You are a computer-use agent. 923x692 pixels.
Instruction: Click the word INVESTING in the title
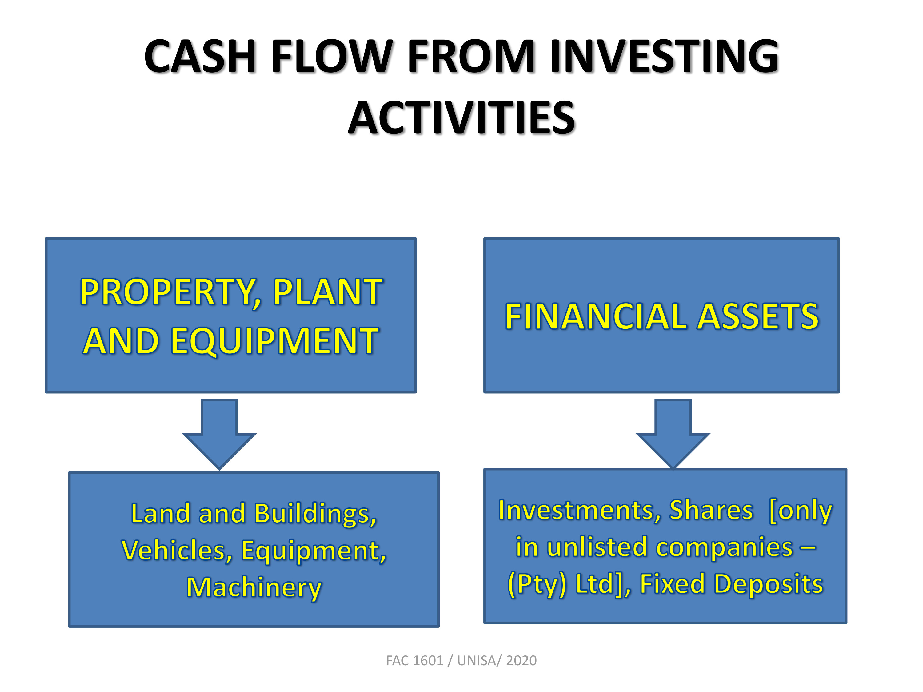[x=664, y=56]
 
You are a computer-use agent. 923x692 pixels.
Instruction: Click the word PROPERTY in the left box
[x=170, y=293]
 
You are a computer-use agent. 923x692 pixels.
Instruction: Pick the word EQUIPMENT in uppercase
[x=274, y=341]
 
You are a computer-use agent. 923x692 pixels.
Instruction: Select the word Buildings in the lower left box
[x=315, y=514]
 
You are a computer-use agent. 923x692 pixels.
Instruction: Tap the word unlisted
[x=597, y=547]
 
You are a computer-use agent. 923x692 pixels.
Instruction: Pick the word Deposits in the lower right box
[x=769, y=584]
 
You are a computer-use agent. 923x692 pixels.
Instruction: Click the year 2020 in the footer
[x=521, y=660]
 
